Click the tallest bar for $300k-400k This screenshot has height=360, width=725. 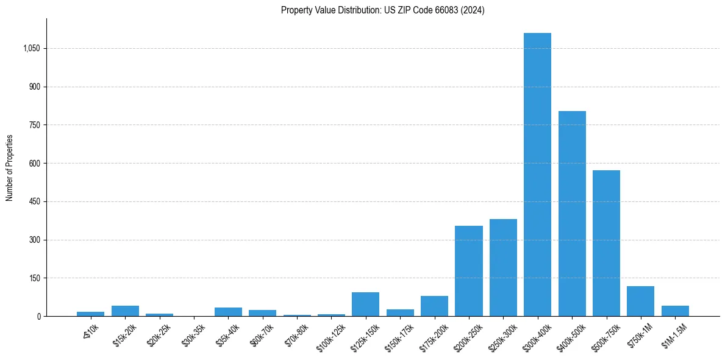tap(537, 175)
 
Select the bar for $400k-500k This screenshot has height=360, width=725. tap(572, 214)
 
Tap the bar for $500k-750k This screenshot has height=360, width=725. tap(606, 243)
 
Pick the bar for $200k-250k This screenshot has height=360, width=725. tap(468, 271)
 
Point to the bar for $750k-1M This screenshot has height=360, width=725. tap(640, 301)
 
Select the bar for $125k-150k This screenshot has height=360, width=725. tap(365, 304)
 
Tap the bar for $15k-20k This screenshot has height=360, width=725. tap(125, 311)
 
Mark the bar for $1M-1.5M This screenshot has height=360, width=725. tap(675, 311)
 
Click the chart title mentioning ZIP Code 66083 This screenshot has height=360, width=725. tap(382, 10)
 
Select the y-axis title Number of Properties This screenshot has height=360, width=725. tap(10, 167)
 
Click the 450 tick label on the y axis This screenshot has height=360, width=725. tap(34, 201)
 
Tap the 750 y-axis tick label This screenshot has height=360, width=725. tap(34, 125)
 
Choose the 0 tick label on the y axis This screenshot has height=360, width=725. tap(38, 316)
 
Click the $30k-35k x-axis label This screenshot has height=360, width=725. tap(194, 335)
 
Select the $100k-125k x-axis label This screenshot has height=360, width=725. tap(330, 337)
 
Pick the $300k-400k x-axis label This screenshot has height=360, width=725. tap(536, 337)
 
